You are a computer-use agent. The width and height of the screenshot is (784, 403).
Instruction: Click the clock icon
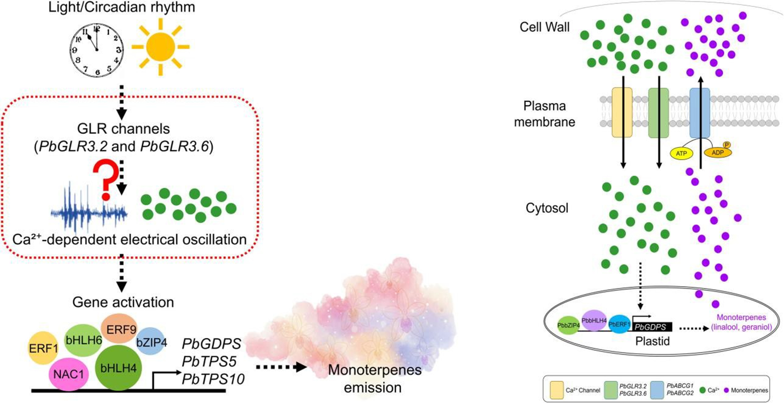click(x=97, y=50)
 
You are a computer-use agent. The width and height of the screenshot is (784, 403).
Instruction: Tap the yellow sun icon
click(x=160, y=47)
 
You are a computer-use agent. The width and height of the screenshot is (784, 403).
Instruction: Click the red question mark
click(x=106, y=180)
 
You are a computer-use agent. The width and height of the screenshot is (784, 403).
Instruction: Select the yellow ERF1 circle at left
click(x=43, y=348)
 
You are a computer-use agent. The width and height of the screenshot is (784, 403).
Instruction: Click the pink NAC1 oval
click(x=68, y=374)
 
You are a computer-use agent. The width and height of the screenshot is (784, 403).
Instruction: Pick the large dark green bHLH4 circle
click(x=118, y=367)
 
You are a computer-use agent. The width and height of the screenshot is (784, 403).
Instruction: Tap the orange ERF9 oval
click(x=119, y=329)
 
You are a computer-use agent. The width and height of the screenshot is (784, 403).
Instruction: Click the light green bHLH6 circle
click(x=83, y=340)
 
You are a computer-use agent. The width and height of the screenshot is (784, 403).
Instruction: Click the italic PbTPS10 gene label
click(x=213, y=379)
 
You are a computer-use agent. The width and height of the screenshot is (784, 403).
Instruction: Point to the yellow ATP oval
click(x=682, y=153)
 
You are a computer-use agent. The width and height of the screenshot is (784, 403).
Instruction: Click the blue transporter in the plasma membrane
click(x=700, y=113)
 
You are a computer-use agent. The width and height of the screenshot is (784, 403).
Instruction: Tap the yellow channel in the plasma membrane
click(x=622, y=112)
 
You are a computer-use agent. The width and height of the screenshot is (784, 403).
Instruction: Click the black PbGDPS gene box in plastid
click(x=652, y=327)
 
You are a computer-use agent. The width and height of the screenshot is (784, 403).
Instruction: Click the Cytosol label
click(x=547, y=208)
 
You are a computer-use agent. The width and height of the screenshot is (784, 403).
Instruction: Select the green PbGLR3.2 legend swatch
click(x=611, y=390)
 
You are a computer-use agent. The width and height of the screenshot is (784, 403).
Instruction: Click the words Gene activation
click(x=123, y=302)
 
